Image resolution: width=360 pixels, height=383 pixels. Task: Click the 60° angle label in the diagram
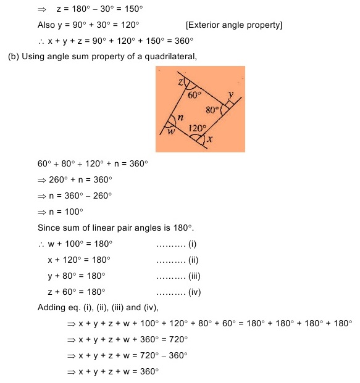coord(196,95)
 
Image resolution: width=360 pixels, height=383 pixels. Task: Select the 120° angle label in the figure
coord(197,128)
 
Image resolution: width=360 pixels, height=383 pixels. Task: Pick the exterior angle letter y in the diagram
coord(231,94)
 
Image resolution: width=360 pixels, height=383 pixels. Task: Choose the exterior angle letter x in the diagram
coord(211,139)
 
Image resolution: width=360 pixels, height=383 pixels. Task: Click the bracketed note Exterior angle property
coord(234,25)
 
